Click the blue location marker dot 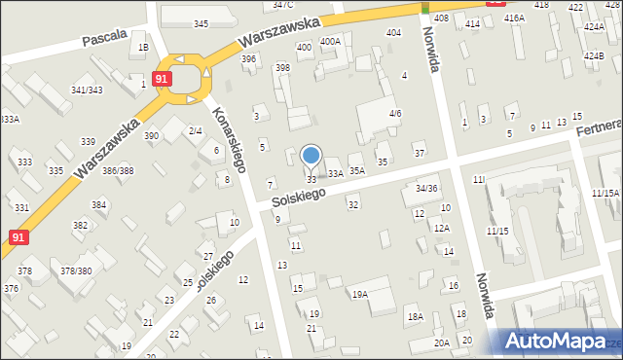[311, 155]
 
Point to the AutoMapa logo [559, 342]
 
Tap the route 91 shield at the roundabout [163, 78]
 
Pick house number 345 [201, 23]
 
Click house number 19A [360, 294]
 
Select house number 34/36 [426, 188]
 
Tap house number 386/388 [118, 171]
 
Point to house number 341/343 [87, 90]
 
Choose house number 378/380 [76, 271]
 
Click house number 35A [357, 170]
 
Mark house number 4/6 [395, 114]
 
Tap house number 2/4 [195, 130]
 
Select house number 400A [330, 42]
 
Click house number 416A [514, 18]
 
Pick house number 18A [415, 317]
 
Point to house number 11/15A [605, 194]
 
